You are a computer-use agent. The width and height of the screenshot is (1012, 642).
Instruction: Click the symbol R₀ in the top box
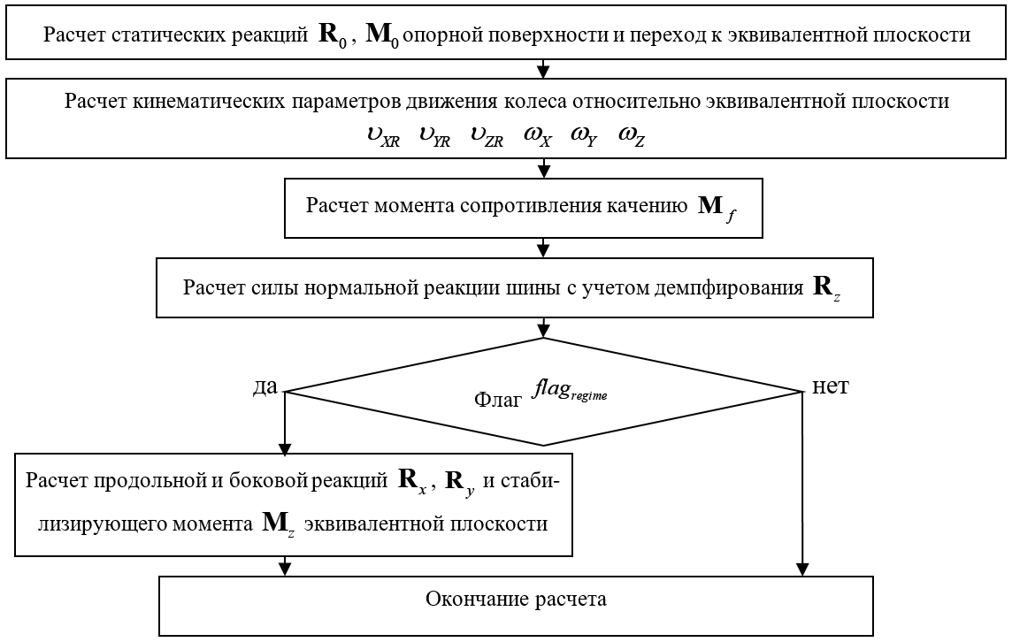click(333, 35)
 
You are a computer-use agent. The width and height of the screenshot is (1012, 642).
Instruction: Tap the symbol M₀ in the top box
click(382, 35)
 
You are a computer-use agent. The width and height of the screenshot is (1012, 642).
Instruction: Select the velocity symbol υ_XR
click(383, 137)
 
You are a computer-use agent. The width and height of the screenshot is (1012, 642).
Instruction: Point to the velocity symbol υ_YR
click(434, 137)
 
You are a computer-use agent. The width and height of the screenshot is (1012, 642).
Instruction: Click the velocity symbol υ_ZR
click(487, 137)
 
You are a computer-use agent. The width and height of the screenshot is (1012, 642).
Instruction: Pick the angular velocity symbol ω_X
click(538, 137)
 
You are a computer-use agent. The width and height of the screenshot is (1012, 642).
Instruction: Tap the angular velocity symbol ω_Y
click(584, 137)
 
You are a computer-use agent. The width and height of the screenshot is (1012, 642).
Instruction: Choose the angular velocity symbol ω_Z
click(632, 137)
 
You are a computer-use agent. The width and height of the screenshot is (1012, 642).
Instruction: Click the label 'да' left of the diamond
click(265, 386)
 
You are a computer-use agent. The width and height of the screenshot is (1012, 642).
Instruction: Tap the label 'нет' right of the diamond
click(830, 386)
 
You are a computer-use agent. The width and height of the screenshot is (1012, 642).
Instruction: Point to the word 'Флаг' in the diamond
click(498, 400)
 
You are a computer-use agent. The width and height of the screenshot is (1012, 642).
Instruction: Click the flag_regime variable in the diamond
click(570, 390)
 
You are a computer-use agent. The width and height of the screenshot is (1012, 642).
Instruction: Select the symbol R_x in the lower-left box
click(412, 481)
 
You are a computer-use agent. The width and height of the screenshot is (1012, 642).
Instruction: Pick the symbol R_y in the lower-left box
click(460, 482)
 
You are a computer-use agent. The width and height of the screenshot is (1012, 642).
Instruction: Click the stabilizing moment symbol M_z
click(279, 524)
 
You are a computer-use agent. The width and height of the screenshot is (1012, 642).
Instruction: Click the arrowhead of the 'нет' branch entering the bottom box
click(802, 569)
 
